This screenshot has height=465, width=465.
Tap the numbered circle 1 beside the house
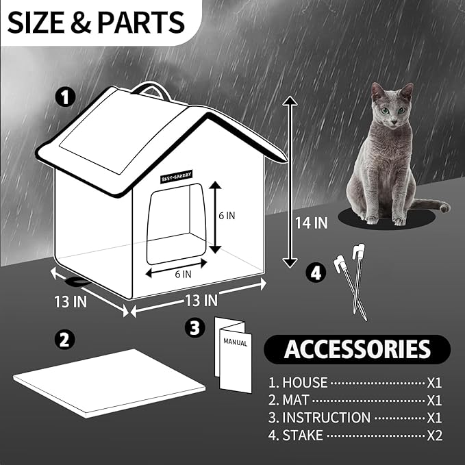66,99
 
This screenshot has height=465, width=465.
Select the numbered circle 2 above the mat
66,338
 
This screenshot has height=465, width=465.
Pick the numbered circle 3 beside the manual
197,328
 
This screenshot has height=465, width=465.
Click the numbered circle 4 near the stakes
314,273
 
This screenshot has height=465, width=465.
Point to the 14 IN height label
312,222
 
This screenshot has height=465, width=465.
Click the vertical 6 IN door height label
227,215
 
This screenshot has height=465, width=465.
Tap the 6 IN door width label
182,273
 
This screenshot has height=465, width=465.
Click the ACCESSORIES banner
357,349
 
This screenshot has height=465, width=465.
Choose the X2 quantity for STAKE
434,435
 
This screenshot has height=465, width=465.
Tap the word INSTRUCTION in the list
327,417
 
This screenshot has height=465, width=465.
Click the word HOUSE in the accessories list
305,383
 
